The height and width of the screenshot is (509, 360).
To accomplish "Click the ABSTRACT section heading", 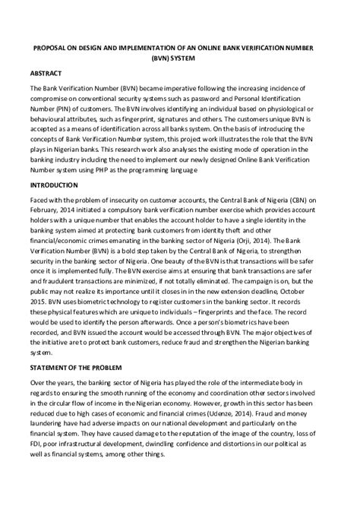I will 46,76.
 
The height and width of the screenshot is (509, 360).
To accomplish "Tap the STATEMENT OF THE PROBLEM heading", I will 84,388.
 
